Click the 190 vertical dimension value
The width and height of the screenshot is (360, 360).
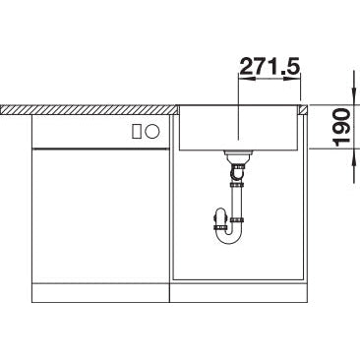tap(339, 126)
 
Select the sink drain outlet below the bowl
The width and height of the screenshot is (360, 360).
tap(238, 154)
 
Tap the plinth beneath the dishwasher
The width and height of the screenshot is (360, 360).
tap(98, 291)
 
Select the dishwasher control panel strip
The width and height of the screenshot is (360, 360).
tap(98, 131)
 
